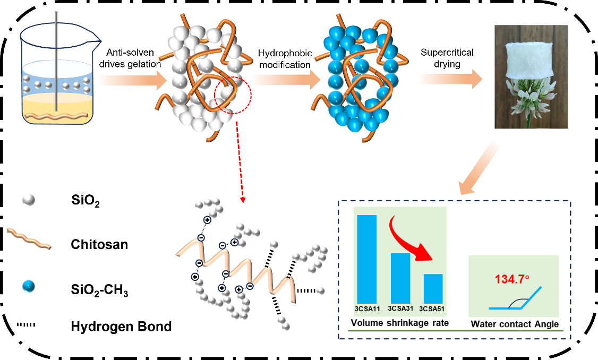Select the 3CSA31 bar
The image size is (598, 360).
tap(400, 277)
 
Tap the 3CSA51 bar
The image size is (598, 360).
tap(433, 288)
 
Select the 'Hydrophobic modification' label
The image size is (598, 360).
tap(284, 59)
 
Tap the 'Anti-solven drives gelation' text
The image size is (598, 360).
tap(133, 58)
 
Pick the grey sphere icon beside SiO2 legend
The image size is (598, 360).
tap(29, 200)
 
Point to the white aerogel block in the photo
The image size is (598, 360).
tap(532, 61)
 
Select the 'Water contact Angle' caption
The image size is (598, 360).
tap(515, 323)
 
